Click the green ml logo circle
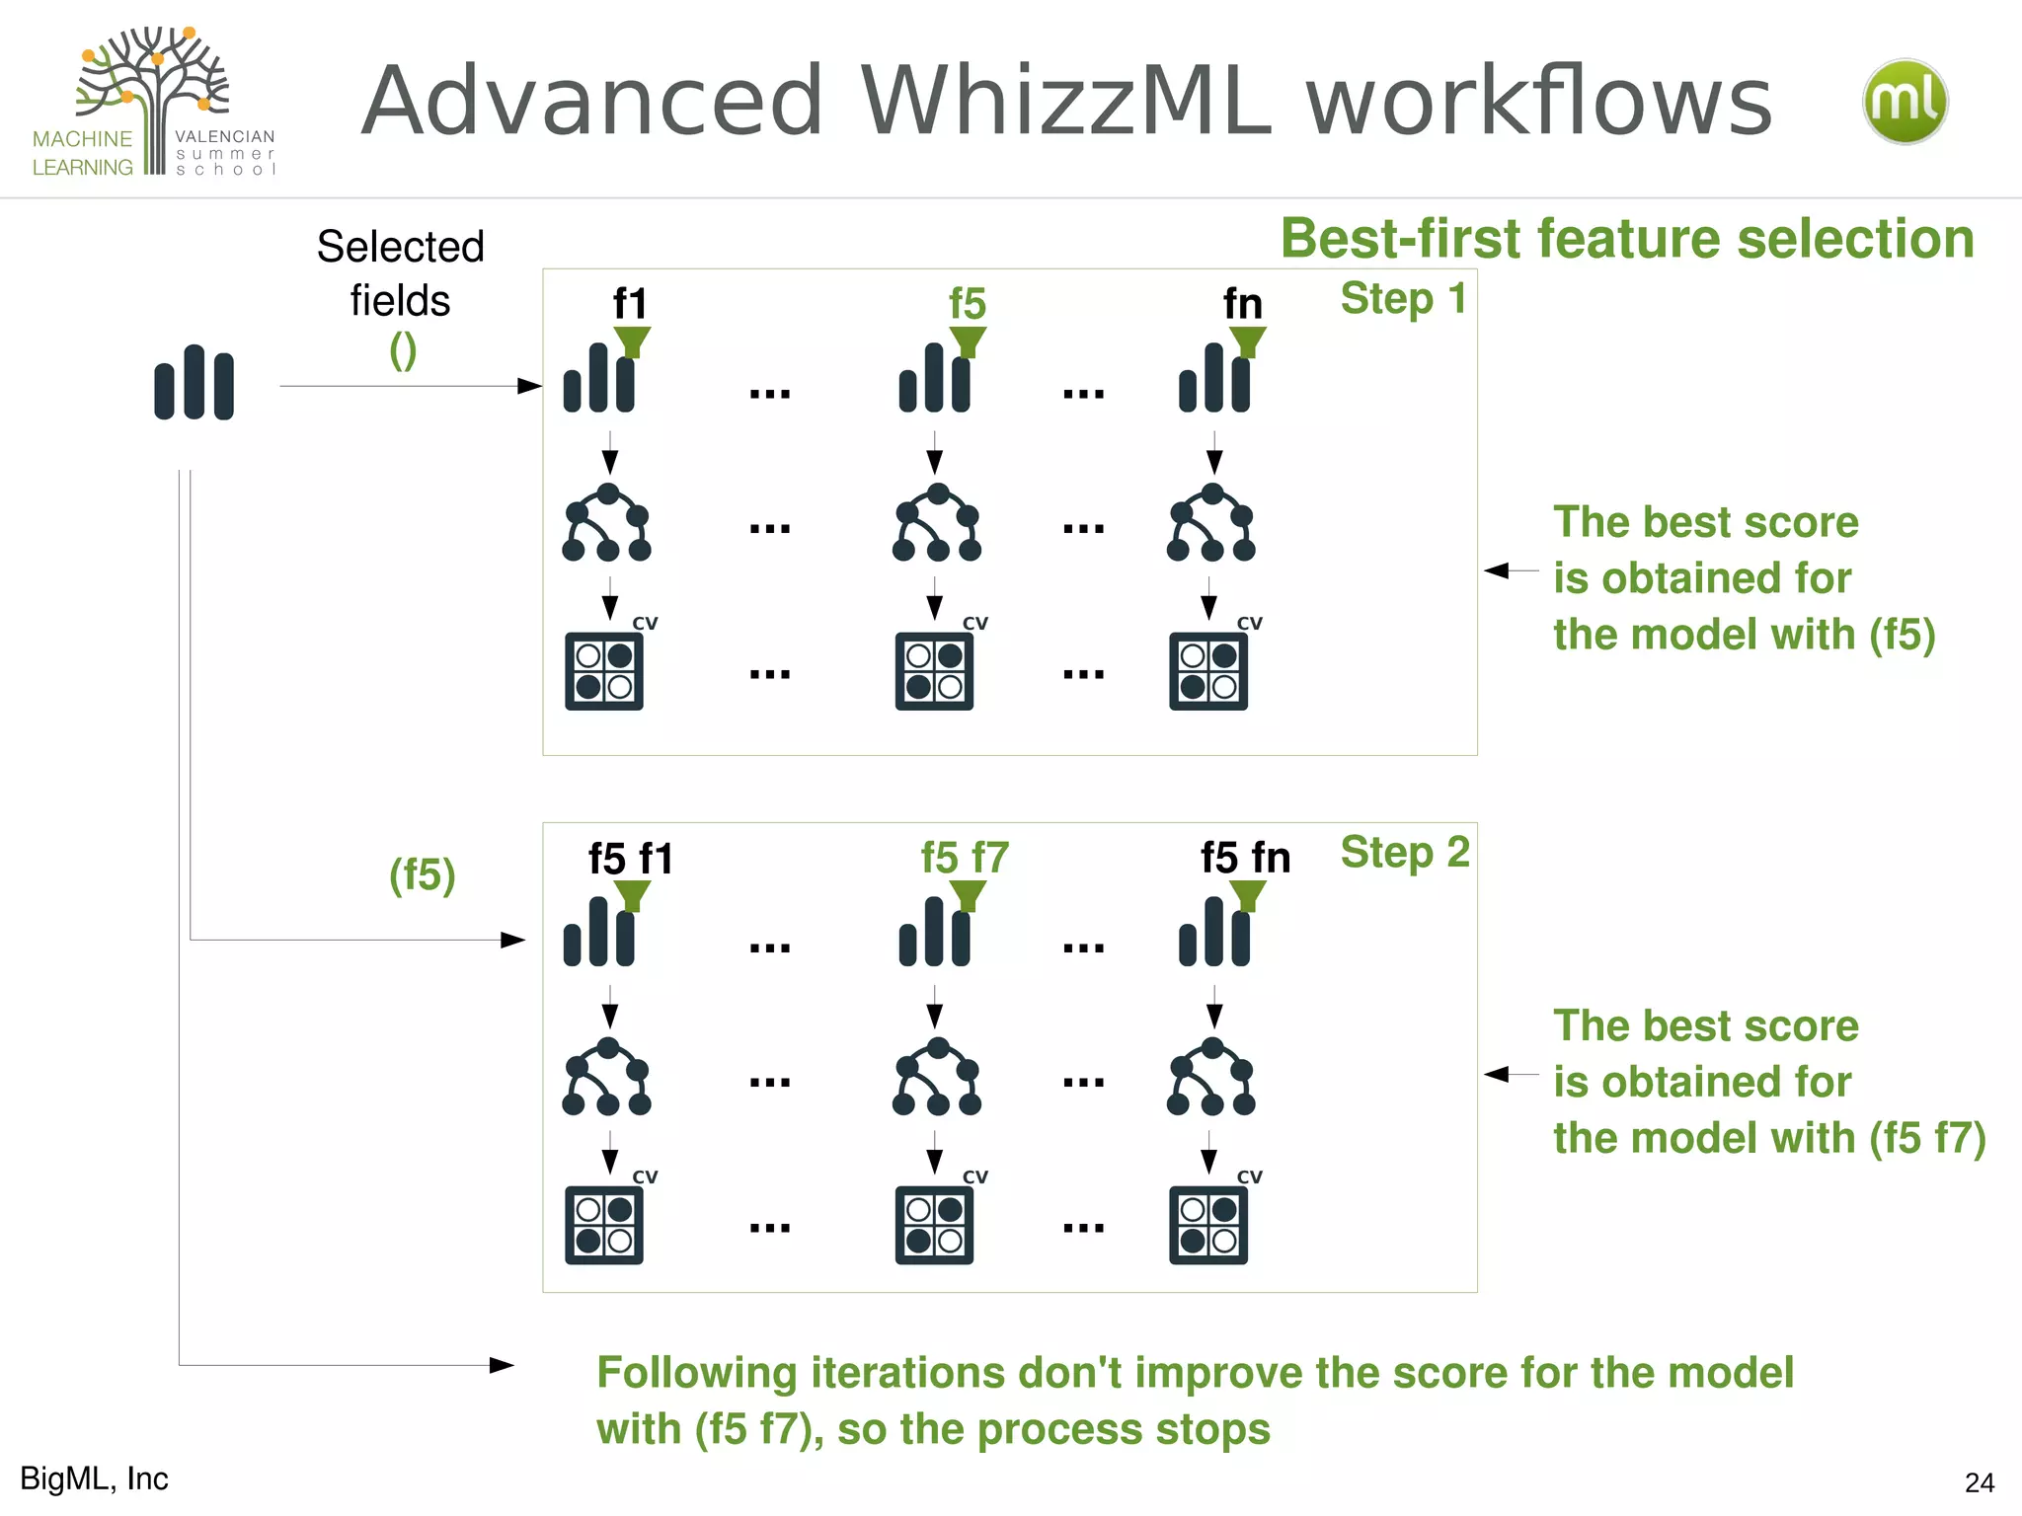click(1905, 102)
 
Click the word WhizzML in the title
click(1066, 101)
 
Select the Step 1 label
click(1403, 298)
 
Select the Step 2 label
click(1405, 852)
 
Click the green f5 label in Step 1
click(968, 303)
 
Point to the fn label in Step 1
click(1243, 303)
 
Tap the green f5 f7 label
click(965, 857)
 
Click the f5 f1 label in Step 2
click(630, 858)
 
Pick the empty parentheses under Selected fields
click(403, 350)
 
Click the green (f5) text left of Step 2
click(422, 874)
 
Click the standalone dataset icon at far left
click(194, 383)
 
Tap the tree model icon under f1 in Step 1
click(606, 523)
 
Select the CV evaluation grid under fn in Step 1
click(1208, 671)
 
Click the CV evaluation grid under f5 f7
click(934, 1225)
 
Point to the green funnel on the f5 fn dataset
click(1248, 894)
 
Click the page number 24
click(1979, 1482)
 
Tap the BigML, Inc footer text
click(95, 1478)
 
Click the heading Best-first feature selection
click(1627, 239)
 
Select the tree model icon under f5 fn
click(1211, 1077)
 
